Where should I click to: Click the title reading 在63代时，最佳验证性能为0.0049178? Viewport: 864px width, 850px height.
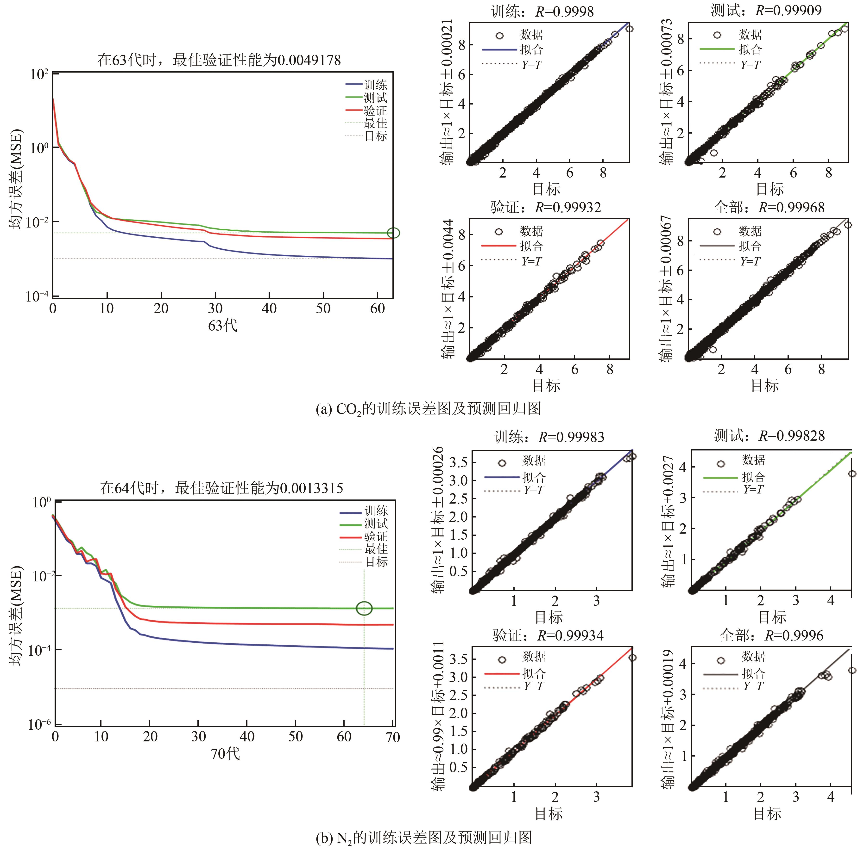[x=219, y=60]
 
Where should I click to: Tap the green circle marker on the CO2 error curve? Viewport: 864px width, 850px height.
[x=393, y=233]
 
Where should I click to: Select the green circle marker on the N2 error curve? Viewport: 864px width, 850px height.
[x=364, y=608]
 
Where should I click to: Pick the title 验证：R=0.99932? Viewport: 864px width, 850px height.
[x=545, y=207]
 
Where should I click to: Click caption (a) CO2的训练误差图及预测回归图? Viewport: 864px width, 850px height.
[x=428, y=408]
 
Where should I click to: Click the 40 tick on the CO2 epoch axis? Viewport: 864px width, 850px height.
[x=269, y=308]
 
